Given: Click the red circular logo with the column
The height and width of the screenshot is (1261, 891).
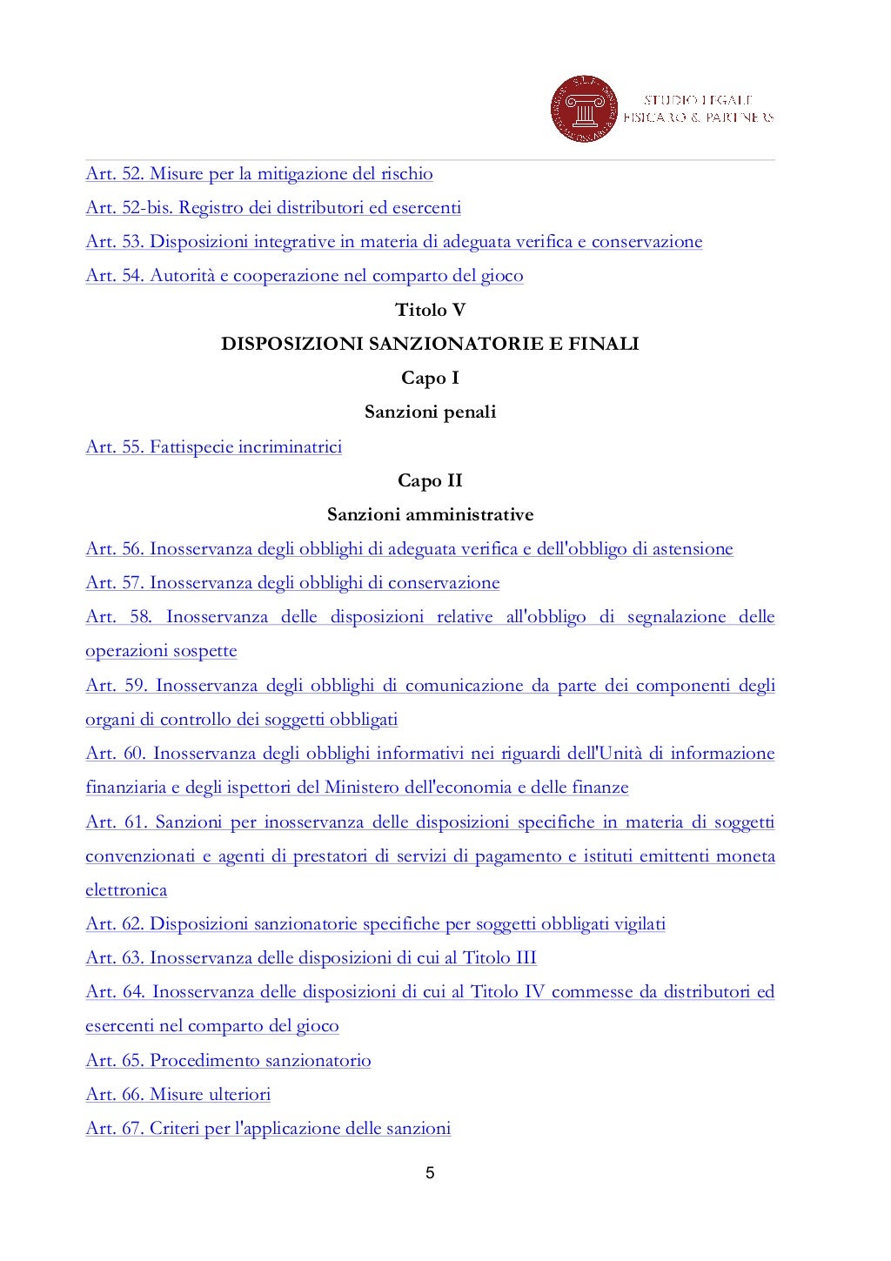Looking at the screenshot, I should tap(584, 110).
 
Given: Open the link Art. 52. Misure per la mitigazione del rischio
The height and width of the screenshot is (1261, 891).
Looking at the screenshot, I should tap(258, 173).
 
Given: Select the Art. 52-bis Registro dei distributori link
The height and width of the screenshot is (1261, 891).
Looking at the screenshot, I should tap(272, 207).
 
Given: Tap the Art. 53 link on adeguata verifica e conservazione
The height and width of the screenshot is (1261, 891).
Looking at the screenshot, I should tap(393, 241).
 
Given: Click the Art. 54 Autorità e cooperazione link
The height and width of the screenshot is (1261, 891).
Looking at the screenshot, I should tap(304, 276).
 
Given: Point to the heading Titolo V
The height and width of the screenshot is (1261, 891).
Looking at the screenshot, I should tap(430, 310).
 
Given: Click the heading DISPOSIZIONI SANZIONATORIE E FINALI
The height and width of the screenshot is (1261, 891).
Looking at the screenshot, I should tap(430, 344).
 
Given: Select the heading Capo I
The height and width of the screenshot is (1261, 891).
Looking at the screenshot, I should tap(430, 378).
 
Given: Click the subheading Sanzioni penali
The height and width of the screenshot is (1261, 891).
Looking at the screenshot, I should tap(430, 412).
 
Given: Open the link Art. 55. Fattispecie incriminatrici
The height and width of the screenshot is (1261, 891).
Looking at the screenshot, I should tap(213, 446).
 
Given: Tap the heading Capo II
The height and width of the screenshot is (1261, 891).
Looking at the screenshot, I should tap(430, 480).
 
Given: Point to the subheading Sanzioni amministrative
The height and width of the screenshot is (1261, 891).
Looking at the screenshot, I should tap(430, 514).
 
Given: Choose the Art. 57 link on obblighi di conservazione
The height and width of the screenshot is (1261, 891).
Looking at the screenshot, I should tap(292, 582).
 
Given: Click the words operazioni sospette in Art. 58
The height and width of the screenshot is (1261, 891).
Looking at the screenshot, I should tap(161, 651).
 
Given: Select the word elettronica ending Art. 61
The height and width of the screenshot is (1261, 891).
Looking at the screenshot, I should tap(126, 889).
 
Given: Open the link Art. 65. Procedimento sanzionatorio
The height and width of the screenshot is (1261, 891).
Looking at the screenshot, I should tap(228, 1060).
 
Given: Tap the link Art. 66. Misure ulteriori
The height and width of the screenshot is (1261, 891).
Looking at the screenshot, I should tap(178, 1094).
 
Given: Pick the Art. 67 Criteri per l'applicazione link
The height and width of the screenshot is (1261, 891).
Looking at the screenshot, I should tap(268, 1128).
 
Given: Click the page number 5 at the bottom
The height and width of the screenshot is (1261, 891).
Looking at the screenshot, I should tap(430, 1173).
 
